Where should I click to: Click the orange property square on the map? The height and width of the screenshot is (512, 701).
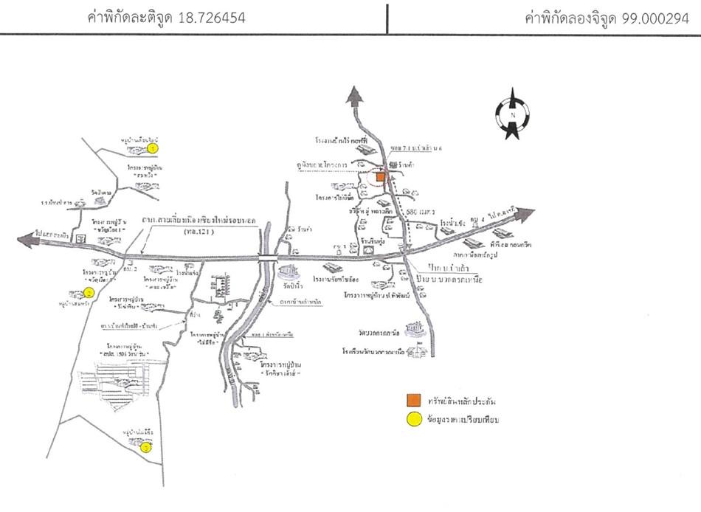380,177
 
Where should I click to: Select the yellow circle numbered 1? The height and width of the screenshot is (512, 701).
153,148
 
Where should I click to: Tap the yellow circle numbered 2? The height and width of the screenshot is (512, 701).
89,292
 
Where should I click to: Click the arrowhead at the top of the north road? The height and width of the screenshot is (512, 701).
356,94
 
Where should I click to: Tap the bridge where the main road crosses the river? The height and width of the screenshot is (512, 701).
266,258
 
